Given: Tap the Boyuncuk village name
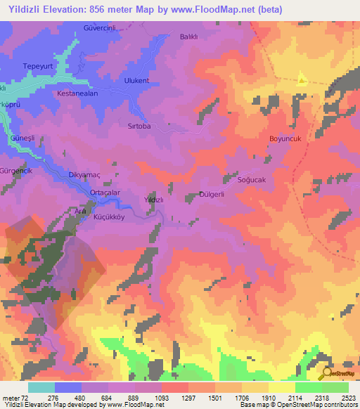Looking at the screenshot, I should point(285,139).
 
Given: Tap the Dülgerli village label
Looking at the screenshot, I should point(212,195).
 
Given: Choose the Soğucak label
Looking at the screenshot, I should point(252,181).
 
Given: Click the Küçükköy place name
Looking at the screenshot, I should point(109,218).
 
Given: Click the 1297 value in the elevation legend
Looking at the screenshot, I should point(174,398).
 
